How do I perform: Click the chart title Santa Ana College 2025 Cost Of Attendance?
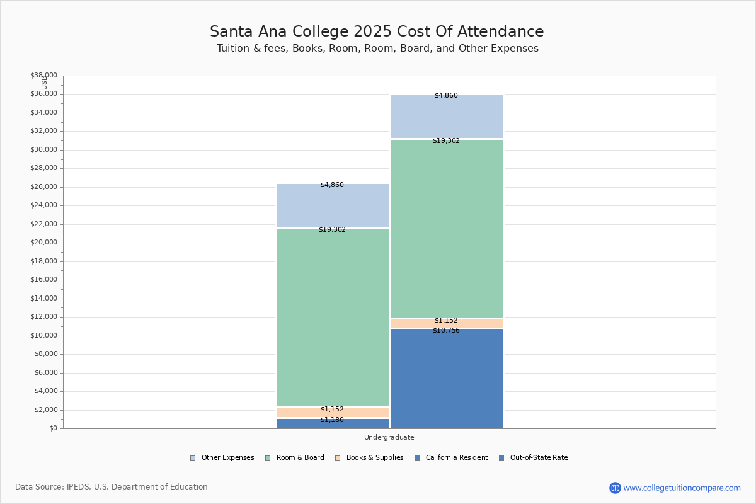(x=377, y=32)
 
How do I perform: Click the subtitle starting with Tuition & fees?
(x=377, y=49)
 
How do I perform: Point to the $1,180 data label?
(x=332, y=420)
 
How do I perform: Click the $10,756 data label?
(x=446, y=331)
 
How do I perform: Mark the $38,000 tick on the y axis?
(x=43, y=76)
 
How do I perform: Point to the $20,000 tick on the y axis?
(x=43, y=243)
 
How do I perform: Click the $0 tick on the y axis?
(x=53, y=428)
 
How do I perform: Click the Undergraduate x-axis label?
(x=389, y=437)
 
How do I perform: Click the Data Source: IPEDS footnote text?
(x=112, y=487)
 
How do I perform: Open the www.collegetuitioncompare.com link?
(x=682, y=488)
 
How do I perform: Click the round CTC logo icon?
(x=615, y=488)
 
